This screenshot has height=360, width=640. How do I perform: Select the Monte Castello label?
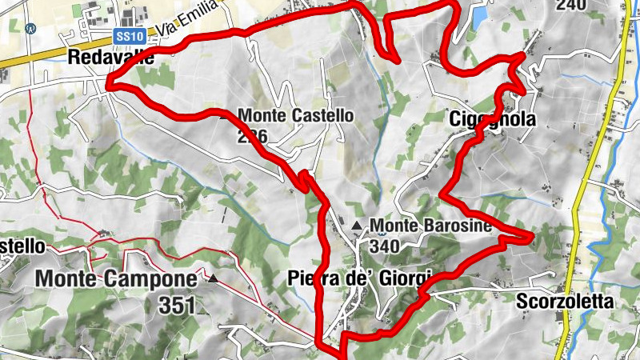[x=295, y=115]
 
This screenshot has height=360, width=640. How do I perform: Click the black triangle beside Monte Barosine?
[x=356, y=224]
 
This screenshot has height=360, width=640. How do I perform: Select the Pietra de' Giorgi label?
[x=359, y=278]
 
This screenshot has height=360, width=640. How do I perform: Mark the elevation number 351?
[x=177, y=306]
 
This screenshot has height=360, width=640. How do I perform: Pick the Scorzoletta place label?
[x=564, y=302]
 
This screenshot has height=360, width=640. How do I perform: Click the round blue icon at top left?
[x=31, y=28]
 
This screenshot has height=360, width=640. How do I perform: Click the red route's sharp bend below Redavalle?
[x=110, y=82]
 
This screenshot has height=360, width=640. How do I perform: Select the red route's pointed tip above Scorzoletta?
[x=530, y=235]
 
